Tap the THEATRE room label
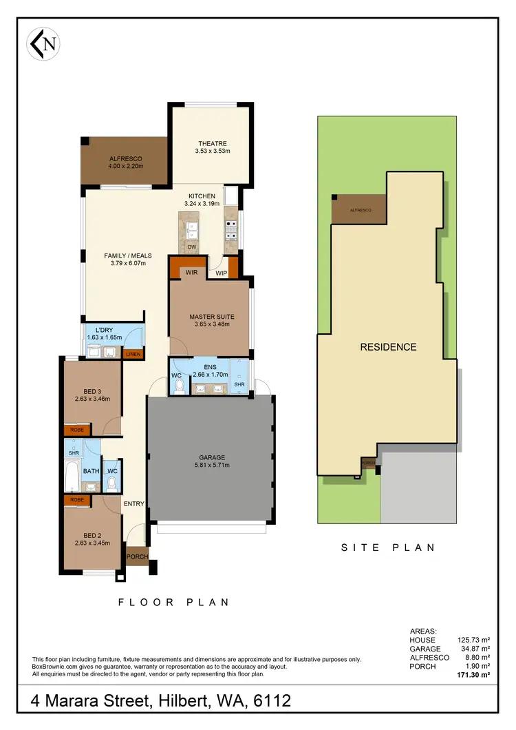click(x=213, y=144)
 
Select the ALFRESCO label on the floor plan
click(x=124, y=158)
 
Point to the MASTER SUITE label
click(x=212, y=317)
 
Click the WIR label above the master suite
click(x=191, y=273)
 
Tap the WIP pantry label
click(x=221, y=273)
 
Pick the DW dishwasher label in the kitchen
click(x=192, y=247)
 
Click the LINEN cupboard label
click(x=133, y=355)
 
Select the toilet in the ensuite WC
click(x=180, y=387)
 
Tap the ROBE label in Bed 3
click(x=76, y=430)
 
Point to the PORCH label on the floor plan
click(x=136, y=556)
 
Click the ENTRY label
click(x=133, y=504)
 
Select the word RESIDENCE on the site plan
click(x=388, y=347)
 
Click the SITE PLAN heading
click(x=388, y=548)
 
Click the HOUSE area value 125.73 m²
click(x=473, y=640)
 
